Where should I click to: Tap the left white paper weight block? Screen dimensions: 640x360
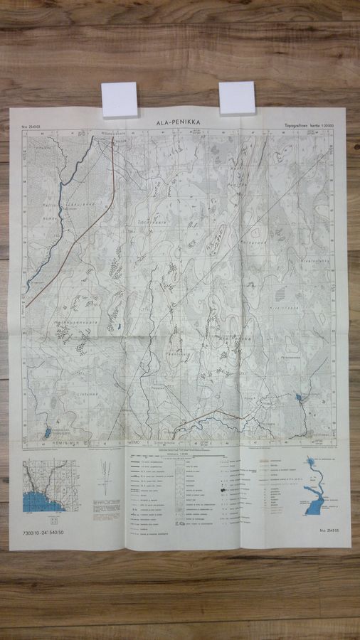[x=120, y=99]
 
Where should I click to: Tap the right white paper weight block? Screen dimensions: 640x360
[x=236, y=97]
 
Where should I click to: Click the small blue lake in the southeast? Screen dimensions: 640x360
[x=300, y=398]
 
